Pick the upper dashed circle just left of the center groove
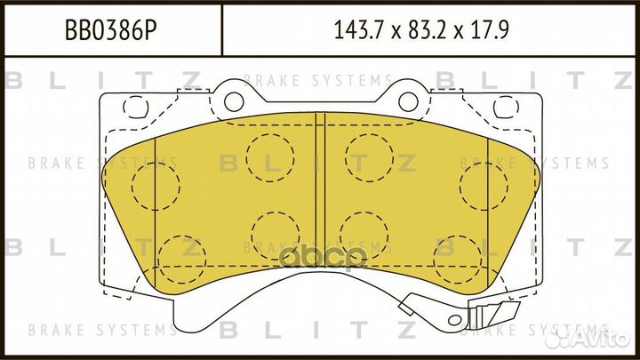pyautogui.click(x=269, y=156)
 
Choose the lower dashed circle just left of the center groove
pyautogui.click(x=275, y=236)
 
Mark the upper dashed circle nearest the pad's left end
pyautogui.click(x=155, y=187)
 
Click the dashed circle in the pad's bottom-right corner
pyautogui.click(x=457, y=259)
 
